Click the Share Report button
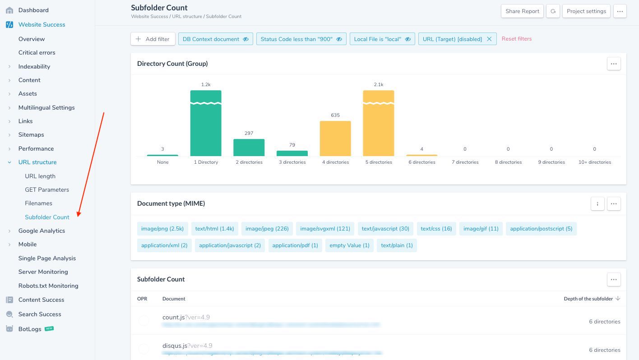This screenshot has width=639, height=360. pos(522,11)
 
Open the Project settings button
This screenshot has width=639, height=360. pos(586,11)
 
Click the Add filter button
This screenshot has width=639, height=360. pos(153,39)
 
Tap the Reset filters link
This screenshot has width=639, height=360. pos(516,39)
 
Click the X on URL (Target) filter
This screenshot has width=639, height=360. pos(489,39)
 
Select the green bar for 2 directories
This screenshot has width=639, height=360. pos(249,148)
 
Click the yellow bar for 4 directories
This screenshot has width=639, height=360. pos(335,138)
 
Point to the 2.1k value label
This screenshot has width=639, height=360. pos(378,84)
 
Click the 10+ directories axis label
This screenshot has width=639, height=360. pos(594,162)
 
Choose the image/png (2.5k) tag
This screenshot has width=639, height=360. pos(162,229)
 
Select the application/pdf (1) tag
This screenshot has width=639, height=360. pos(295,245)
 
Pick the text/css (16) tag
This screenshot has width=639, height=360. pos(436,229)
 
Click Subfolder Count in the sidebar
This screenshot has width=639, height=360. pos(47,217)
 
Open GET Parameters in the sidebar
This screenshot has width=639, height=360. pos(47,189)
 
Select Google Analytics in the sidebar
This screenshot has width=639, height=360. pos(42,231)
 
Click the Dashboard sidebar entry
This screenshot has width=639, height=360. pos(33,10)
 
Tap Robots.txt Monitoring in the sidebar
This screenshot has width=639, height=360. pos(48,286)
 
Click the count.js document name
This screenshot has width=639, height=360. pos(173,317)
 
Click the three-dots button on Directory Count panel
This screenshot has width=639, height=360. pos(613,64)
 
